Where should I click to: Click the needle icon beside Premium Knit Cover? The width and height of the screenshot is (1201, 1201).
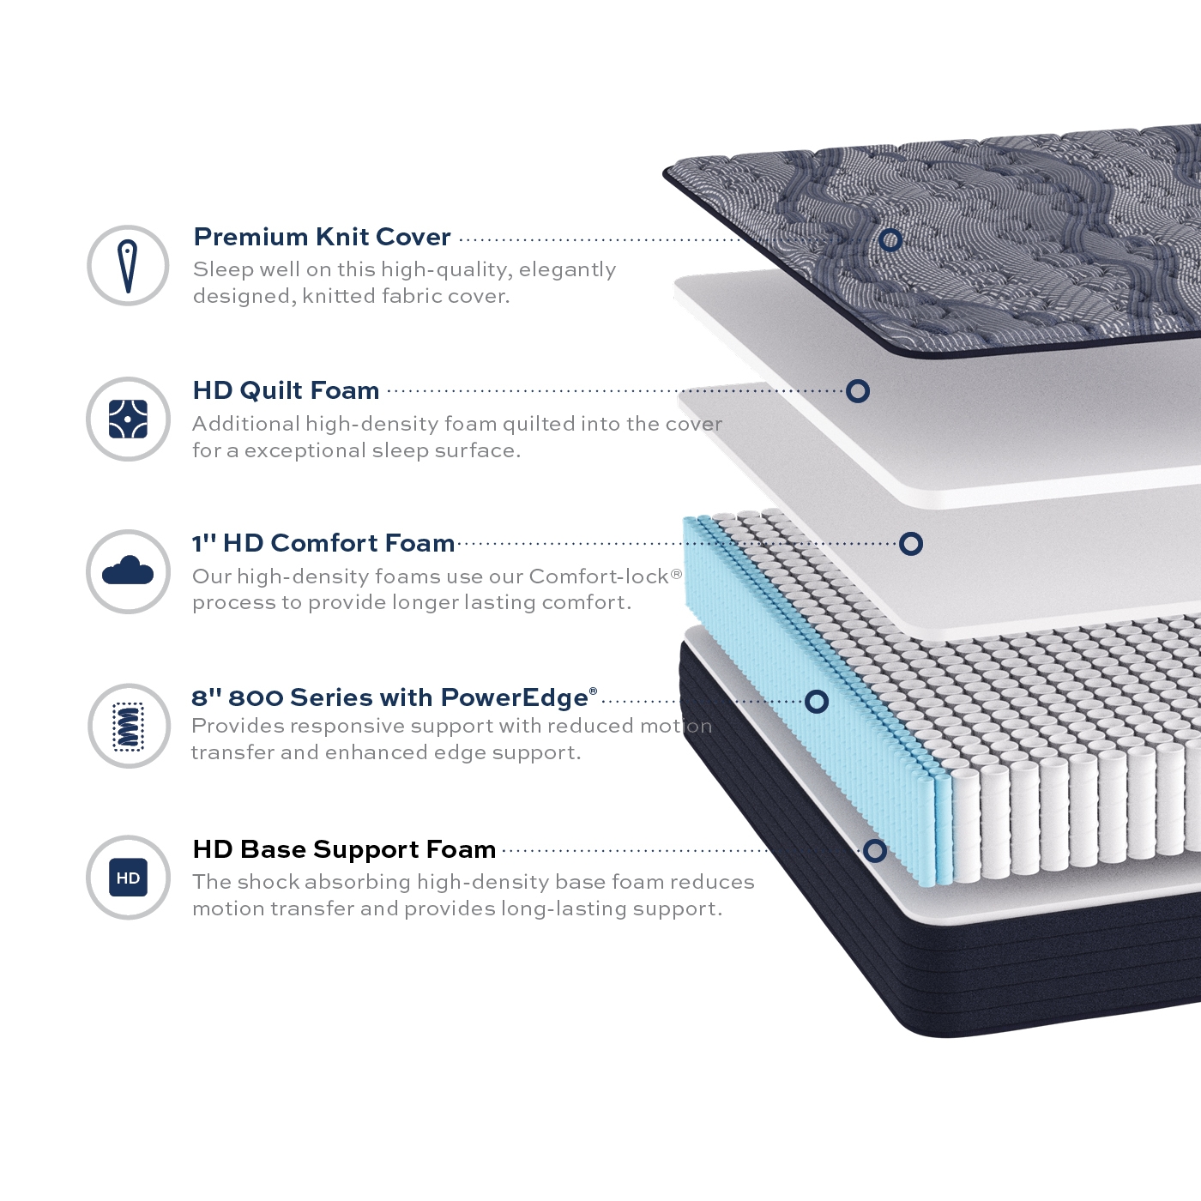128,266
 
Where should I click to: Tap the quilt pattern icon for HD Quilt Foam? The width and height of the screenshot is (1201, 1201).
128,419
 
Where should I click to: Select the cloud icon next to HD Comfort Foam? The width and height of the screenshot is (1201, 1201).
128,570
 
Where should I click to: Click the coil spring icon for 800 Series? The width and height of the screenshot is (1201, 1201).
129,726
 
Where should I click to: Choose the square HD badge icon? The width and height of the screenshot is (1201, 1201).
128,878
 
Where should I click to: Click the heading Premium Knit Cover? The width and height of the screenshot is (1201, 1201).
322,237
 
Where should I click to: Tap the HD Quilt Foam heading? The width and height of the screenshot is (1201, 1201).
286,390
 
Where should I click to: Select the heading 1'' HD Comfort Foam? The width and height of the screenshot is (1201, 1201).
323,543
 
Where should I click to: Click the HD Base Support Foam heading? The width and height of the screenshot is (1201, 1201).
344,849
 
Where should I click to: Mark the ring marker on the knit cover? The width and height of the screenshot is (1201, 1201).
890,239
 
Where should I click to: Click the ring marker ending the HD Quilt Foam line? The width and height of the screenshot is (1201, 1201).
858,391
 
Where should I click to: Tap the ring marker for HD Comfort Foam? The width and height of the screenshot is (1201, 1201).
911,543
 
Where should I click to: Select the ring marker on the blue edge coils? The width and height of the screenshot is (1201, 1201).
817,702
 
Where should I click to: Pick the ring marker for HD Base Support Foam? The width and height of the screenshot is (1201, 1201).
875,851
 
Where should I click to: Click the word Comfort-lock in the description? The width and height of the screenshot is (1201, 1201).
598,576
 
